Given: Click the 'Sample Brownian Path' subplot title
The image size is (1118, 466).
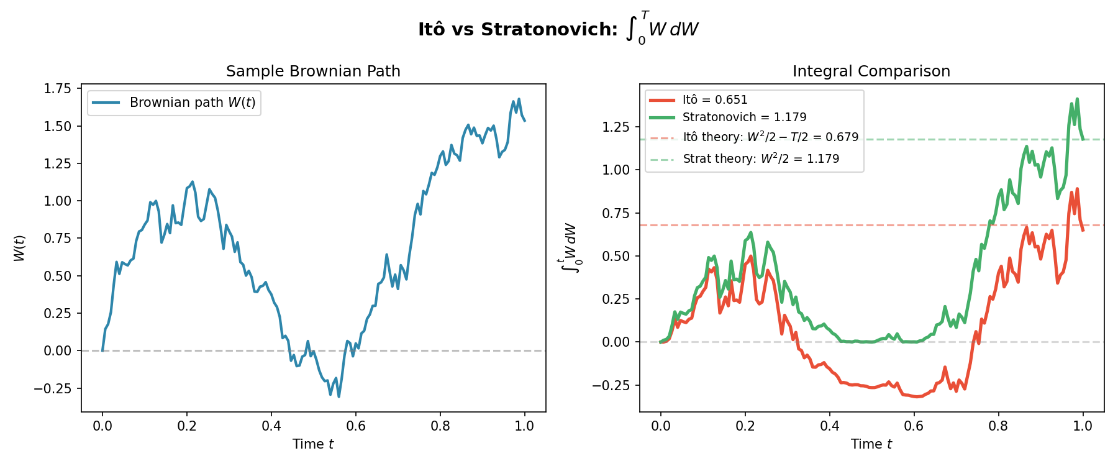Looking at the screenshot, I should click(313, 71).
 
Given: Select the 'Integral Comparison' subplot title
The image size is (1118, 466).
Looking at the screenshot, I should click(871, 71).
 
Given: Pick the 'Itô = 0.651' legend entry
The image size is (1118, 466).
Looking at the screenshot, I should click(714, 100).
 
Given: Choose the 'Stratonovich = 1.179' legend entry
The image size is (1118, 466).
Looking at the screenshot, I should click(744, 117).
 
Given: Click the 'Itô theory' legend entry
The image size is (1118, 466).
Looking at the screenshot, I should click(770, 137).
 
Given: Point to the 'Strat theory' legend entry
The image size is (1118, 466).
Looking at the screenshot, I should click(761, 159).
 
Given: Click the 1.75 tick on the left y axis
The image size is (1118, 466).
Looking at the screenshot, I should click(58, 89).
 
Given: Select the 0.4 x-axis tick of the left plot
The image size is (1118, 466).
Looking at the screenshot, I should click(271, 426).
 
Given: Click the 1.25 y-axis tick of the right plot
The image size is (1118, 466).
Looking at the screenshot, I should click(616, 127).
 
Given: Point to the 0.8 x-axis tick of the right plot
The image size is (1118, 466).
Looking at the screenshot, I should click(998, 426).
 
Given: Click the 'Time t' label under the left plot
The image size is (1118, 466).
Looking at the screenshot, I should click(313, 444).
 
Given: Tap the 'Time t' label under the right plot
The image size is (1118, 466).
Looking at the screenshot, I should click(871, 444).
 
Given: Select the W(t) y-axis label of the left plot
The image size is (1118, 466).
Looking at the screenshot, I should click(20, 248).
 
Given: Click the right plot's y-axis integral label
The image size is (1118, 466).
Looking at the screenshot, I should click(570, 248).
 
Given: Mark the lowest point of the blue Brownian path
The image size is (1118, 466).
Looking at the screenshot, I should click(339, 396).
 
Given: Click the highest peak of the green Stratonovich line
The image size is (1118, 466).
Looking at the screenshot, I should click(1077, 99).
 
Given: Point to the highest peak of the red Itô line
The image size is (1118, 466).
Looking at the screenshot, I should click(1077, 189).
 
